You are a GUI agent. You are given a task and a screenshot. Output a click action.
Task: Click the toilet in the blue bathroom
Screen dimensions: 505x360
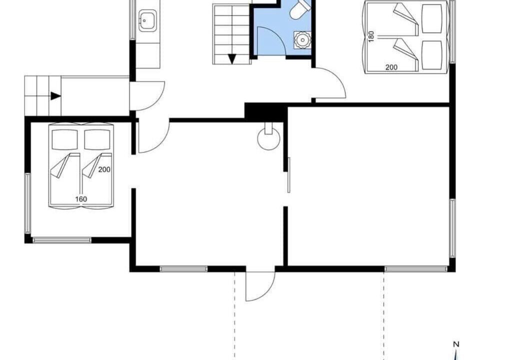point(299,9)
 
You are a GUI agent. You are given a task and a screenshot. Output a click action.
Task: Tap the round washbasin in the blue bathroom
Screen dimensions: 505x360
point(302,40)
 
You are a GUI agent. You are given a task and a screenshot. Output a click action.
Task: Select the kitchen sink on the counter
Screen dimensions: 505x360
point(148,20)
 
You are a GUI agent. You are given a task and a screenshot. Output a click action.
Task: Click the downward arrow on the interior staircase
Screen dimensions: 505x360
point(231,59)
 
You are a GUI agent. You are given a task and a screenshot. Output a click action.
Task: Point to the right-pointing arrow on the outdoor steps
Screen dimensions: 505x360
point(55,96)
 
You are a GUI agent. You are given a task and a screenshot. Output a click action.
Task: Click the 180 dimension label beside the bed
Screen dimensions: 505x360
point(371,36)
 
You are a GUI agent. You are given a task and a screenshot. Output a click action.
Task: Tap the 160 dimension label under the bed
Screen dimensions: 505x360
point(81,199)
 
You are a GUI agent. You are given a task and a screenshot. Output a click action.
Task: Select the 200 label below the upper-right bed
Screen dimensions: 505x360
point(391,67)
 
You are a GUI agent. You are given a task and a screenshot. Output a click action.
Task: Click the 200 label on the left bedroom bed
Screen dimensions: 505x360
point(104,169)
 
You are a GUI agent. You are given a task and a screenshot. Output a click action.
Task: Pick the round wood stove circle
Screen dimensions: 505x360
point(268,139)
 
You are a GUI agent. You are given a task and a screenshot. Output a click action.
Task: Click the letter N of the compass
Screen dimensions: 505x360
point(455,344)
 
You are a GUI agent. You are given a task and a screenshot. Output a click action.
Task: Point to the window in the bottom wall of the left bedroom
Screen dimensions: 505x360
point(62,240)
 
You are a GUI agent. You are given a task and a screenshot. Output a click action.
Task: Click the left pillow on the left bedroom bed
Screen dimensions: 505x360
point(64,139)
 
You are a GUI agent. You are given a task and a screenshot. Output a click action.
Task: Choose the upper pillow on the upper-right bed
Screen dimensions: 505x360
point(432,18)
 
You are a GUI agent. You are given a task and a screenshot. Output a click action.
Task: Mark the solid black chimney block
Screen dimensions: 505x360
point(265,112)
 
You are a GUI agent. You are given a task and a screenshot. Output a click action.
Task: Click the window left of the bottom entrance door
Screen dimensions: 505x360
point(184,269)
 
